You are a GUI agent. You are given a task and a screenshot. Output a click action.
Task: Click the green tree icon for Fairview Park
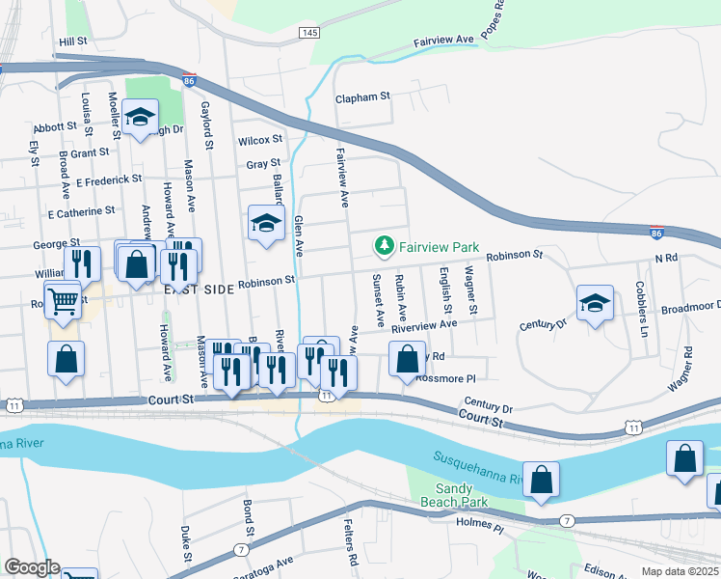385,247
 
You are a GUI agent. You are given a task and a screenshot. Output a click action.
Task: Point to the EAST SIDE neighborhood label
198,289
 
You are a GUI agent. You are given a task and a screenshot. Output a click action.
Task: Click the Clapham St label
361,97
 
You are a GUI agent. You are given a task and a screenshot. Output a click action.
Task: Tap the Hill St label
73,42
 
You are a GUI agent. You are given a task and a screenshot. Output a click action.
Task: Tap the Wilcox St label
259,141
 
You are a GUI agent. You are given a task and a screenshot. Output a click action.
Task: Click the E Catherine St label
82,210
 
